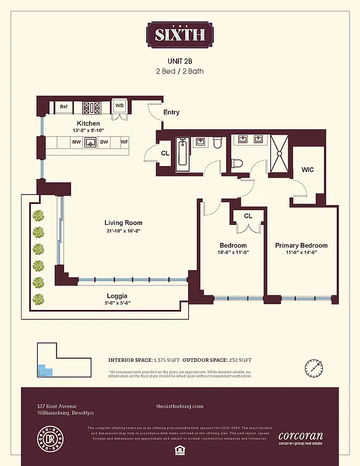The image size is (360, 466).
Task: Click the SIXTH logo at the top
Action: (x=179, y=34)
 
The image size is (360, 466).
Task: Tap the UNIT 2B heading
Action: (x=179, y=61)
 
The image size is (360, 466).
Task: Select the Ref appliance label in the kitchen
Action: (x=63, y=107)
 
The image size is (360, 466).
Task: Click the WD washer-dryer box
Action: (x=119, y=106)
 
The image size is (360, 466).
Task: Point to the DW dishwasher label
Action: (x=104, y=142)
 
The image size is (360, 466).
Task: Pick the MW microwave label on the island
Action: (x=76, y=142)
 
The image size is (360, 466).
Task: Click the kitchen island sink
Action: (x=90, y=142)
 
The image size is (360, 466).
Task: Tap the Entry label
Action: (x=171, y=112)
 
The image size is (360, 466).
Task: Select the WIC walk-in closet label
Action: (x=308, y=170)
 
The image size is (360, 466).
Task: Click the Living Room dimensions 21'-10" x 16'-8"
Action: (x=123, y=231)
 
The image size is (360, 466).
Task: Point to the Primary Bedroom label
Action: (x=301, y=246)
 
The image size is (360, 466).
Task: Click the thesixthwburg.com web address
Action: (x=180, y=406)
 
